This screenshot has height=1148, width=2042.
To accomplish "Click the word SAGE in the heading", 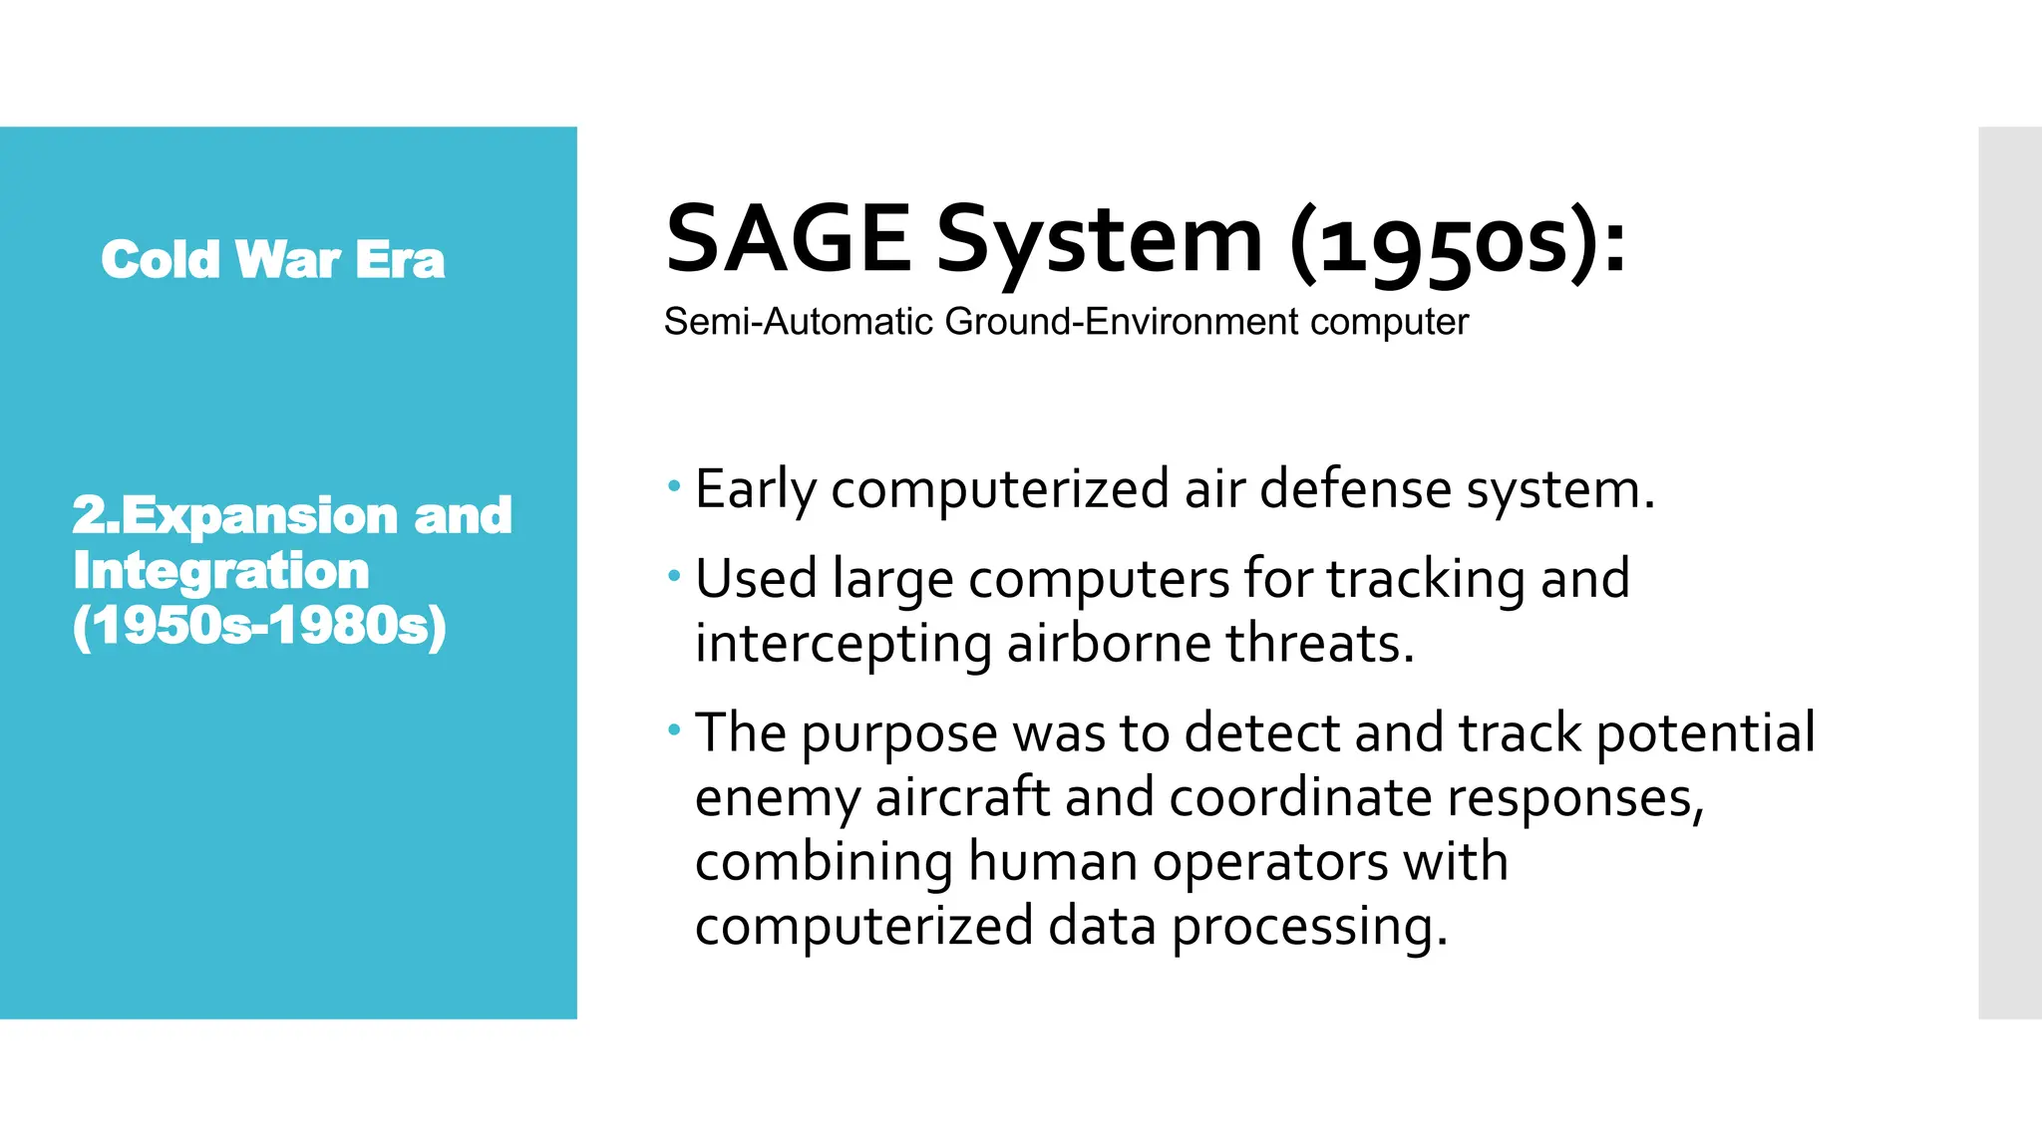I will point(788,239).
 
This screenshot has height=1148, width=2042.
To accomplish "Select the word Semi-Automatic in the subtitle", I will point(799,322).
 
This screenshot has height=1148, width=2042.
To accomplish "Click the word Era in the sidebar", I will point(400,260).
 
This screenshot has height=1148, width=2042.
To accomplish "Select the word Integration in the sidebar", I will point(220,571).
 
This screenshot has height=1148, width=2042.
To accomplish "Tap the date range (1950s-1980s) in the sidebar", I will point(259,626).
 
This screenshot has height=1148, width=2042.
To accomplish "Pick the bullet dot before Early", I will point(675,487).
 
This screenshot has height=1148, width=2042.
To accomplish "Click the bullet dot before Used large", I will point(675,576).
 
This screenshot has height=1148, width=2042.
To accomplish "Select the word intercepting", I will point(843,644).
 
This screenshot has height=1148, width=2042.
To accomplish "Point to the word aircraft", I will point(962,797).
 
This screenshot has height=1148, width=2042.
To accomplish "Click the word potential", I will point(1705,733).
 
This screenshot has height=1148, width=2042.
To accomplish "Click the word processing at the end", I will point(1308,927).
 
